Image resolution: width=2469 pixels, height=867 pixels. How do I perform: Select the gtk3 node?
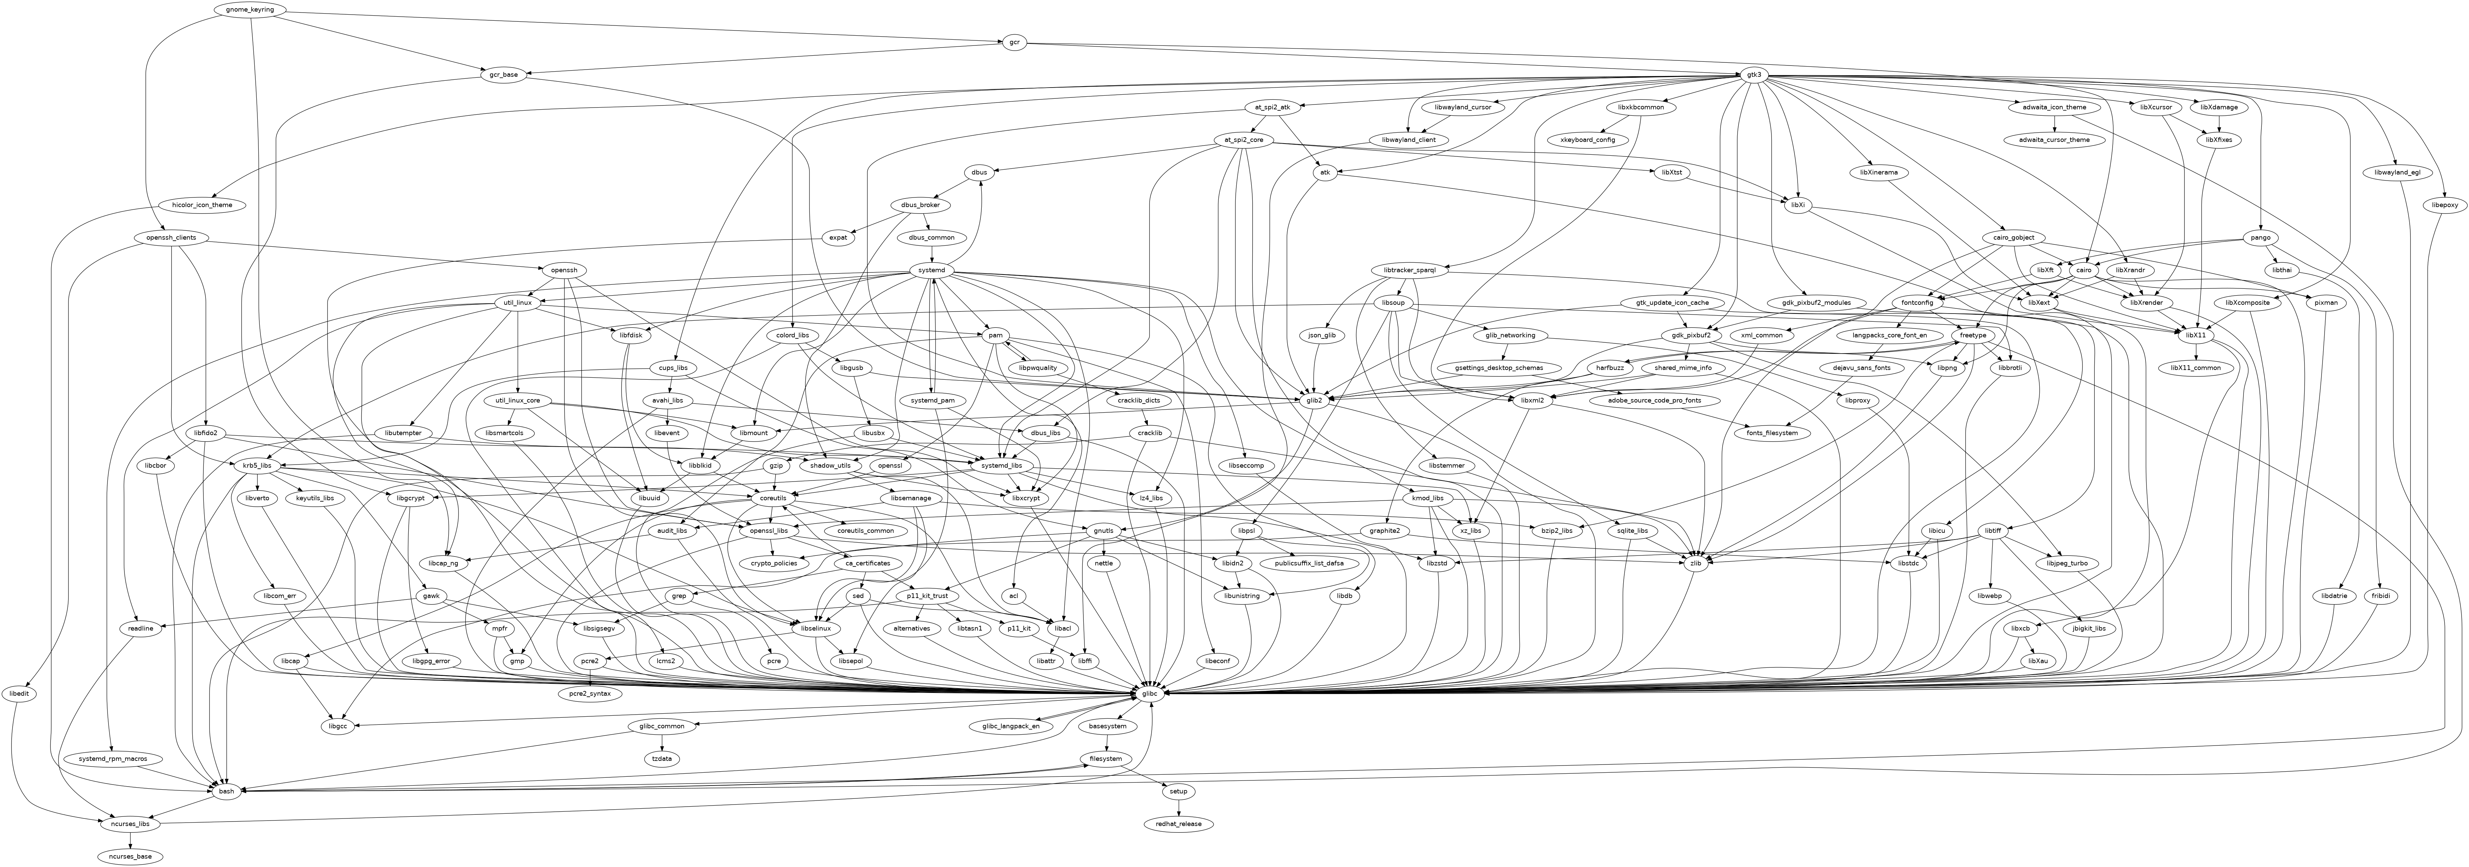[x=1753, y=75]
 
